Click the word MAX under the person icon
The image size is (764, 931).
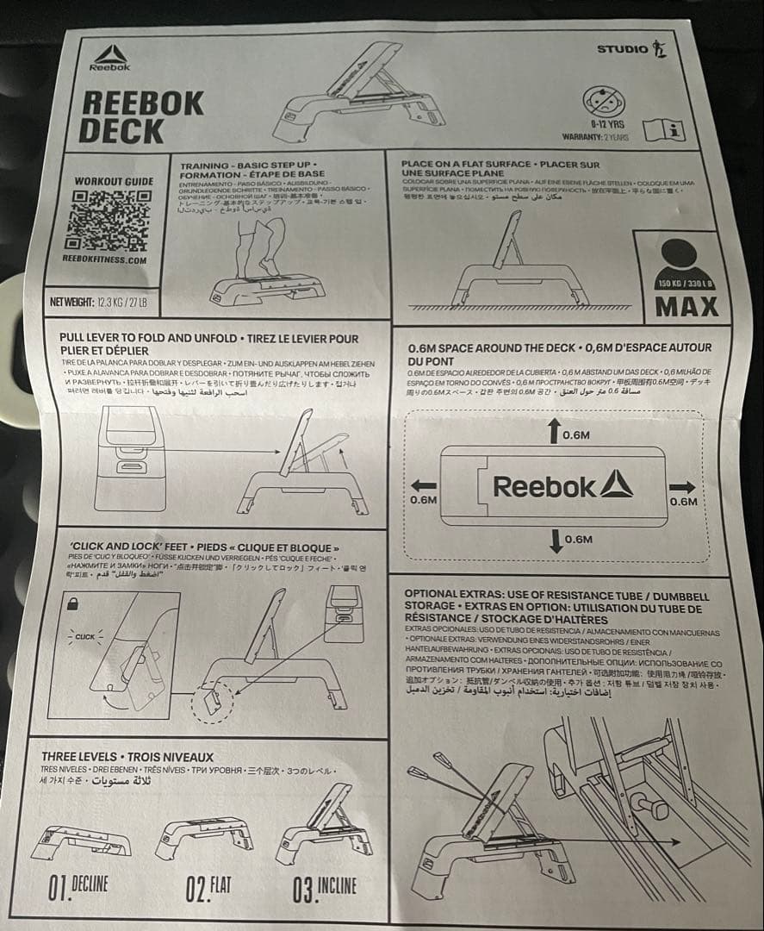tap(686, 306)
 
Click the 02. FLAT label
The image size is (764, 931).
tap(207, 885)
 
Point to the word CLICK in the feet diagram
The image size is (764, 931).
tap(84, 637)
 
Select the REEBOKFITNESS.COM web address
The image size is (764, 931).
tap(105, 259)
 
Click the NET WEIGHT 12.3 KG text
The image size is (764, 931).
tap(99, 301)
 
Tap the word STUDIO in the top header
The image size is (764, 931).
tap(623, 49)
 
